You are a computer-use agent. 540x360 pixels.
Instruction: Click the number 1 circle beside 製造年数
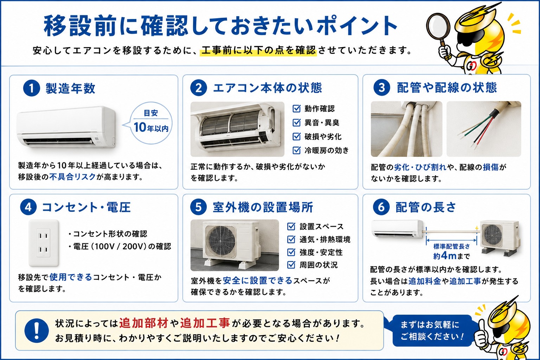32,88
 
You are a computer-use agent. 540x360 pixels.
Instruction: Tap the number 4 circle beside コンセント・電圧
28,207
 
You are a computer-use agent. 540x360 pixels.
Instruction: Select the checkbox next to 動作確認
296,109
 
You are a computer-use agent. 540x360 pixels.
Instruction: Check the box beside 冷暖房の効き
296,150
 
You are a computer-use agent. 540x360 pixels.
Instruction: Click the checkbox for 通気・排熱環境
291,239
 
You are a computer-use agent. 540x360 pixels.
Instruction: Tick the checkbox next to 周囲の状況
291,265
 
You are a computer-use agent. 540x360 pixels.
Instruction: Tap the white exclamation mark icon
37,330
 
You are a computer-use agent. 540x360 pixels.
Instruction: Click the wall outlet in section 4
44,243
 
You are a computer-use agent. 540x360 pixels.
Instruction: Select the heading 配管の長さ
426,207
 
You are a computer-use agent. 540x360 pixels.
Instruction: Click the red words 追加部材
143,323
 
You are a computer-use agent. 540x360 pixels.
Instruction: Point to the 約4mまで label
451,256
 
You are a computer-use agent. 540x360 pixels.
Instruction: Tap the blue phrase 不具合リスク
73,177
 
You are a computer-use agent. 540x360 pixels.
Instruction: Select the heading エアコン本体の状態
267,88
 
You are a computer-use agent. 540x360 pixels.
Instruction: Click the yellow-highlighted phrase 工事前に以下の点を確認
258,50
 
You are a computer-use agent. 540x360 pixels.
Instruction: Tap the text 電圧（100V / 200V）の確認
122,246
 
